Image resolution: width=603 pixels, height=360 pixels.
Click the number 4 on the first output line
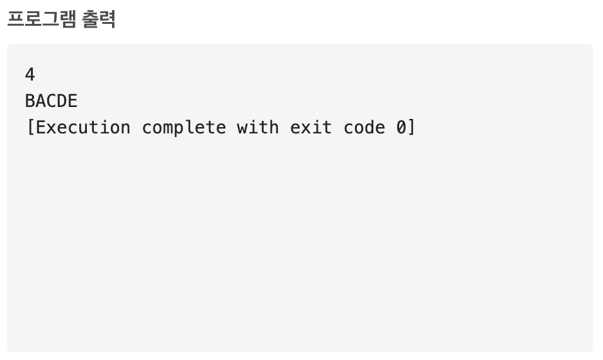pos(30,75)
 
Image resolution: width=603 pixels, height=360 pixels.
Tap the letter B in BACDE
pos(30,101)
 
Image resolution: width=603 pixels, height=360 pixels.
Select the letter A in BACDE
pos(41,101)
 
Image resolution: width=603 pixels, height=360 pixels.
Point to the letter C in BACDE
pos(52,101)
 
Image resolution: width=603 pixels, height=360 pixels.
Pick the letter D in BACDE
pos(62,101)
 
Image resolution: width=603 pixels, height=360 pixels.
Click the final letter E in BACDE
pos(73,101)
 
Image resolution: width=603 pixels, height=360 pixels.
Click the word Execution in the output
pos(83,127)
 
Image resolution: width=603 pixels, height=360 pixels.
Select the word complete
pos(184,128)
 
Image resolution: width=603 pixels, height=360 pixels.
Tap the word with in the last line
pos(258,127)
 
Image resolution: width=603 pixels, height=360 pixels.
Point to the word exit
pos(312,127)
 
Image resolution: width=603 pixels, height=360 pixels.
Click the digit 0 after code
pos(402,127)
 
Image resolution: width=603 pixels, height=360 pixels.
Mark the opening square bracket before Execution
pos(30,127)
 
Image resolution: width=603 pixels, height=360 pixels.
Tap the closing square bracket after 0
pos(412,127)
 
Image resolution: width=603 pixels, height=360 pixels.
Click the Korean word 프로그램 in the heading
pos(42,19)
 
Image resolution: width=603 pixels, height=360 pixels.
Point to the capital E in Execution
pos(41,127)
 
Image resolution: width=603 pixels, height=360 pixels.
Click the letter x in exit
pos(306,128)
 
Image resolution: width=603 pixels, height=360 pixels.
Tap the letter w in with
pos(242,128)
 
